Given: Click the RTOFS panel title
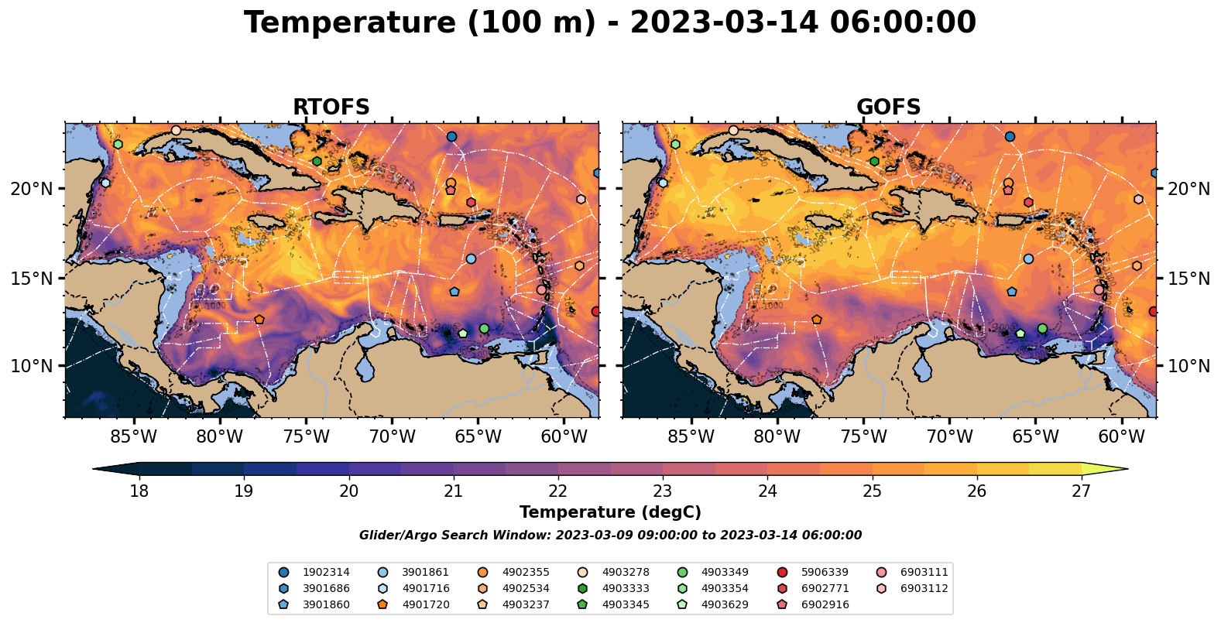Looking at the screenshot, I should [331, 108].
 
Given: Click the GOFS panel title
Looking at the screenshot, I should [888, 108].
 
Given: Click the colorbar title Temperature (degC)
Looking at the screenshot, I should [610, 512].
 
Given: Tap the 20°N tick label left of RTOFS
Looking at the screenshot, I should [32, 189].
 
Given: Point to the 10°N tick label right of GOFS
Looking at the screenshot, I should [1188, 366].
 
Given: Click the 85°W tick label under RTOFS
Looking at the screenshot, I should [134, 437].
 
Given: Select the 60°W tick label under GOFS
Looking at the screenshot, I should [1121, 437].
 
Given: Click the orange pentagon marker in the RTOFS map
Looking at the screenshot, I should [259, 320].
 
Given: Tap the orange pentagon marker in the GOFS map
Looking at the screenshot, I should [817, 320].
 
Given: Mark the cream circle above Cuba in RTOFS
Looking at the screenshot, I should [176, 130].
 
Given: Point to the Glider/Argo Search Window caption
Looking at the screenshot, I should [610, 536].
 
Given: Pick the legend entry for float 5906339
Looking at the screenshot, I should [824, 573].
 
